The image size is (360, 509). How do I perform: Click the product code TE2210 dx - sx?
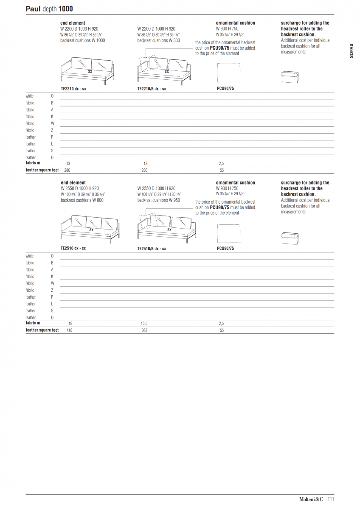pyautogui.click(x=73, y=89)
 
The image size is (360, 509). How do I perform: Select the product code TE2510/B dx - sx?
pyautogui.click(x=152, y=249)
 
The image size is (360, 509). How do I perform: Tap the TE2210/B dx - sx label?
pyautogui.click(x=152, y=89)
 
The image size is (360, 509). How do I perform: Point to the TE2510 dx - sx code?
pyautogui.click(x=73, y=249)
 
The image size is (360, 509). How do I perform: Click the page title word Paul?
pyautogui.click(x=33, y=8)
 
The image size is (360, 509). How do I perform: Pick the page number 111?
pyautogui.click(x=331, y=499)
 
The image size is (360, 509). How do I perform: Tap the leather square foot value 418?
pyautogui.click(x=69, y=330)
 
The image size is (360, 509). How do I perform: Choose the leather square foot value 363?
pyautogui.click(x=144, y=330)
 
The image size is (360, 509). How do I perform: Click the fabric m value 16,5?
pyautogui.click(x=144, y=323)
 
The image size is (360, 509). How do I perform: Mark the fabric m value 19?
pyautogui.click(x=70, y=323)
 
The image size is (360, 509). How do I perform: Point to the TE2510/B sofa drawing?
pyautogui.click(x=166, y=229)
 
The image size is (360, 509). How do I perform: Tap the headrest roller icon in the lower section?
pyautogui.click(x=290, y=238)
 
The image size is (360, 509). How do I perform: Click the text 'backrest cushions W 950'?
pyautogui.click(x=158, y=200)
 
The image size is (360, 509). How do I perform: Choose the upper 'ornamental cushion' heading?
pyautogui.click(x=236, y=23)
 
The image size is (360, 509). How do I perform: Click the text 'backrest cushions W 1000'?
pyautogui.click(x=83, y=41)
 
